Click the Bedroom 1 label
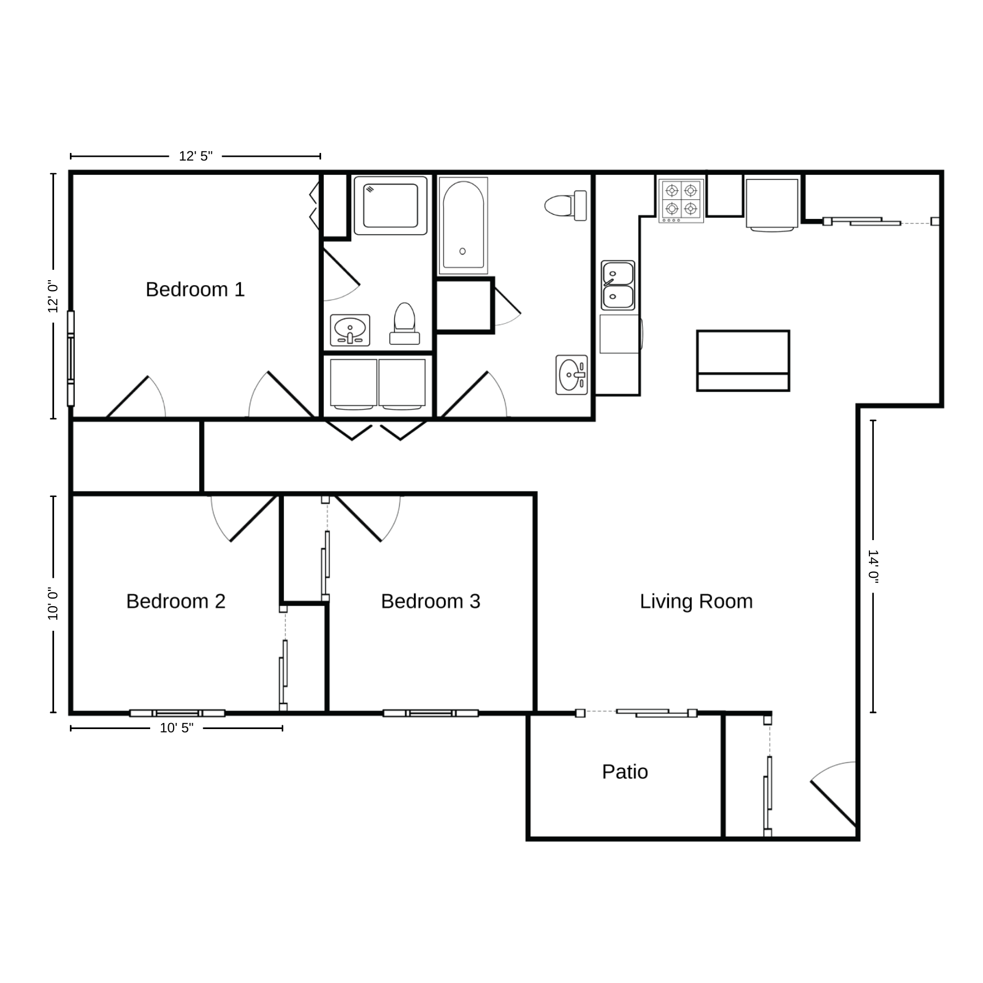(x=195, y=289)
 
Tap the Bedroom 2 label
(x=176, y=601)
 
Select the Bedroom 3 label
(x=430, y=601)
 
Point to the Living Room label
(x=696, y=601)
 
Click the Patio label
(x=625, y=772)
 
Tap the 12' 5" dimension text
(x=196, y=156)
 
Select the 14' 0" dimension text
(x=873, y=566)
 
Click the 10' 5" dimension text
(x=176, y=728)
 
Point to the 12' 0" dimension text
(x=53, y=296)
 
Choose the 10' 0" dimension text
(x=53, y=603)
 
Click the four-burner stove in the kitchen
(x=681, y=200)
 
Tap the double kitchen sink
(x=618, y=285)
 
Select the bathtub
(x=463, y=226)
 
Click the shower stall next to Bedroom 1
(x=390, y=205)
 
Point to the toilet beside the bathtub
(x=566, y=206)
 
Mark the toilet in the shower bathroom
(x=405, y=323)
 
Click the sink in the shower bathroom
(x=350, y=330)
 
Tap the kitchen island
(x=743, y=360)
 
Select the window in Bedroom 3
(x=431, y=713)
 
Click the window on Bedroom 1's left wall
(x=70, y=359)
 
